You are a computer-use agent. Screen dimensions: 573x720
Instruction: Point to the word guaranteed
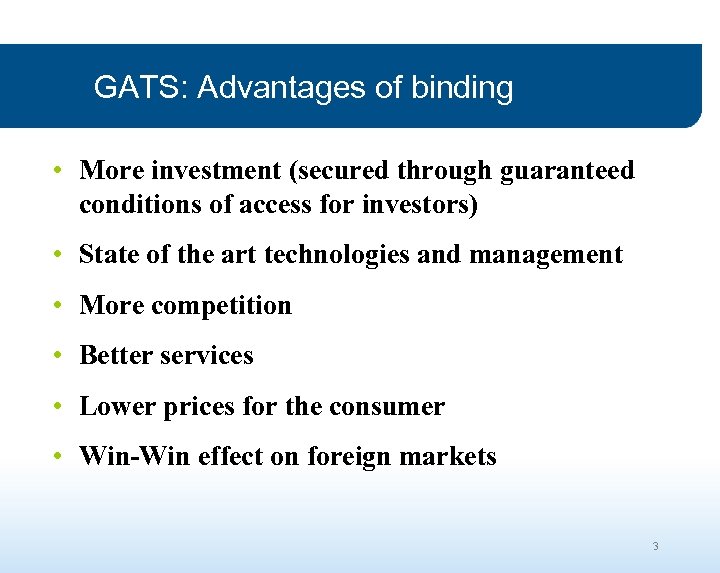pyautogui.click(x=566, y=170)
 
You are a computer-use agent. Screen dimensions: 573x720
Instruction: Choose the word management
pyautogui.click(x=545, y=256)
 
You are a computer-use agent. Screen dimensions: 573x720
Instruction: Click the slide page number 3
pyautogui.click(x=655, y=546)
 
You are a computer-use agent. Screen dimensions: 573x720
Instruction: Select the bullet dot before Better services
pyautogui.click(x=60, y=356)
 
